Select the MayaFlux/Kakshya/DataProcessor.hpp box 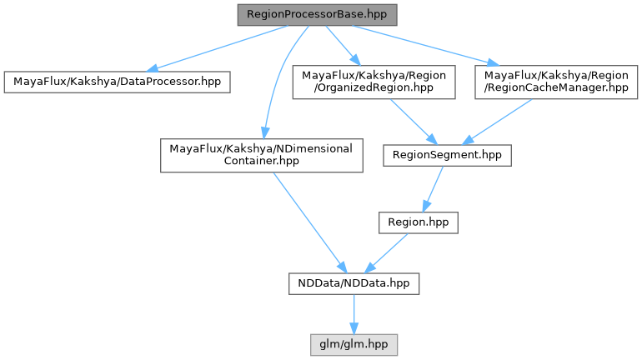click(x=117, y=82)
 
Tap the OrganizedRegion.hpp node click(x=374, y=82)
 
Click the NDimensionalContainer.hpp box click(x=261, y=155)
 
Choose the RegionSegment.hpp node click(x=446, y=155)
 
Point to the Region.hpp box click(x=419, y=222)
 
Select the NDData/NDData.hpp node click(x=354, y=283)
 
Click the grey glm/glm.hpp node click(x=354, y=343)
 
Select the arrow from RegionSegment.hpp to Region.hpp click(x=432, y=189)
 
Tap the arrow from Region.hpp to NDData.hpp click(x=388, y=252)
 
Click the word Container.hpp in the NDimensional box click(x=261, y=162)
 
